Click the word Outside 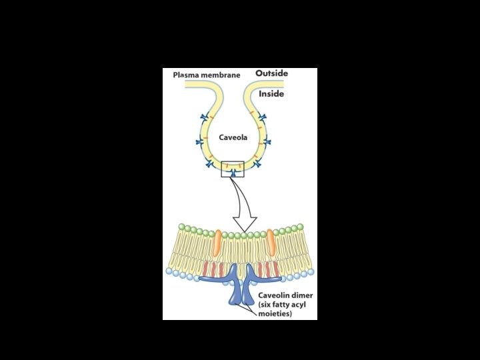(271, 73)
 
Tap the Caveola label (233, 137)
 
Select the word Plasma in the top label (187, 75)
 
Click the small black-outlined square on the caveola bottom (233, 169)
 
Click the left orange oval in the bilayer (217, 242)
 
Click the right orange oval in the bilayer (271, 242)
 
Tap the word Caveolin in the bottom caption (277, 295)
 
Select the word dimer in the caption (305, 295)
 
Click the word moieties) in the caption (275, 313)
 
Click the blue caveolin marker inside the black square (233, 173)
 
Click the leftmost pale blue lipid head (169, 272)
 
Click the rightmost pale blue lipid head (311, 272)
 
